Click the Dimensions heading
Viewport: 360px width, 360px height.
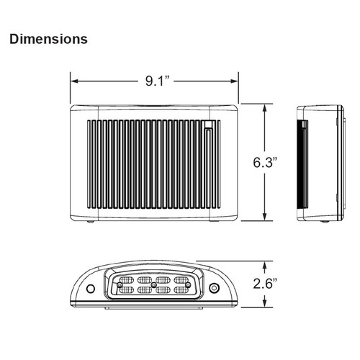48,39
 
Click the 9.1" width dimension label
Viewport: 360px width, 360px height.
158,81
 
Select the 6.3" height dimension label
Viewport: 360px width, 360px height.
265,162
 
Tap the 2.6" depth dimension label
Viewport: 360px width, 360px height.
265,284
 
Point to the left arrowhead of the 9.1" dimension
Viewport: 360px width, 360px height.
75,81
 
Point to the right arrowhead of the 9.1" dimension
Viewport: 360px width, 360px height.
234,81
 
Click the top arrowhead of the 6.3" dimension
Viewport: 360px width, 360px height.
265,108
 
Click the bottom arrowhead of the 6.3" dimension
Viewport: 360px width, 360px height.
265,216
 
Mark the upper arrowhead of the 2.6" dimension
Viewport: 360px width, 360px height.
265,266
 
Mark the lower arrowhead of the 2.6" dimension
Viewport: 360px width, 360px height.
265,303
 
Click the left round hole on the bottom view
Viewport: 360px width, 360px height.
91,289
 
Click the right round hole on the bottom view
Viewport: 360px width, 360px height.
214,288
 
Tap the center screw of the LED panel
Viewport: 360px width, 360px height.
154,285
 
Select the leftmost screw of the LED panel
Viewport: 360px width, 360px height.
120,285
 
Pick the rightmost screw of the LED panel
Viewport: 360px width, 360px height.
188,285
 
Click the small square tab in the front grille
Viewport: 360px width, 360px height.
208,124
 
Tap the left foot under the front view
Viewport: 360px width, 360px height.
91,222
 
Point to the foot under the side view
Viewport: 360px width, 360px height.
325,222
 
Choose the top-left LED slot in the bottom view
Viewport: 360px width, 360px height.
127,280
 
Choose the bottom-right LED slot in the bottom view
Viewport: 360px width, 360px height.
181,290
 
